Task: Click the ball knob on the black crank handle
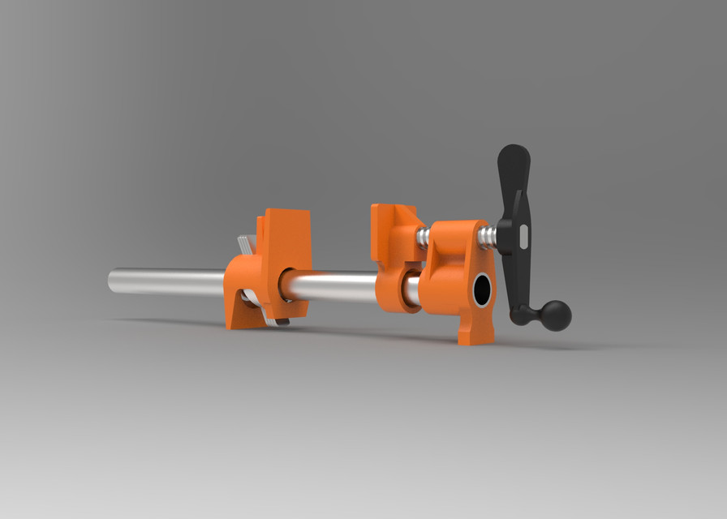tap(555, 315)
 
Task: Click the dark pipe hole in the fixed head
tap(482, 290)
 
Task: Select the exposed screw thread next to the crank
tap(487, 238)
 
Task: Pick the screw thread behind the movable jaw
tap(424, 237)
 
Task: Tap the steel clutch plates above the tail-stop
tap(246, 243)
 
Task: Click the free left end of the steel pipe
tap(114, 281)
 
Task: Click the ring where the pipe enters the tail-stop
tap(286, 285)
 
